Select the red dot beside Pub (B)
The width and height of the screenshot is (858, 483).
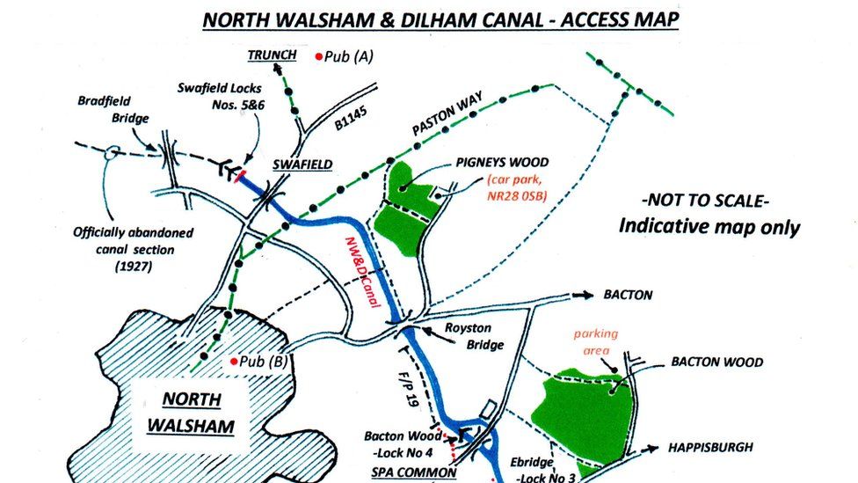coord(232,361)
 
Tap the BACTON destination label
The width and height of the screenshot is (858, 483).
coord(628,295)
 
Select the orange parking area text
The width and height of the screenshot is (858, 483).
coord(596,342)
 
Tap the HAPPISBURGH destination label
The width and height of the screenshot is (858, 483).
coord(710,447)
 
